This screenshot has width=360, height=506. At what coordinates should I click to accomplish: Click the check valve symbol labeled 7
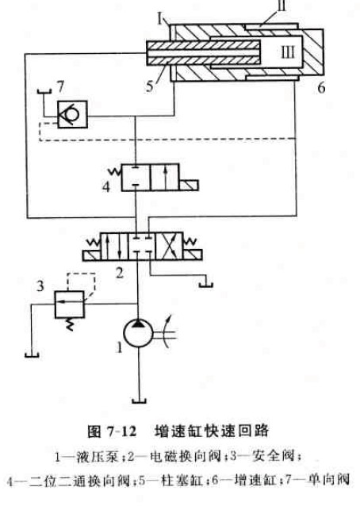pos(72,114)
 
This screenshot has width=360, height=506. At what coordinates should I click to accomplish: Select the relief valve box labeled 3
pos(69,305)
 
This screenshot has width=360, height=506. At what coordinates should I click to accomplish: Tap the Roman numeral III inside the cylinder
pos(286,52)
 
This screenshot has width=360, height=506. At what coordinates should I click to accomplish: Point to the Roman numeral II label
pos(281,6)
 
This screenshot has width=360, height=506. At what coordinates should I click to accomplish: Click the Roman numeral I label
pos(160,19)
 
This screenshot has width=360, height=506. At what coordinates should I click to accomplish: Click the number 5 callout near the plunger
pos(149,86)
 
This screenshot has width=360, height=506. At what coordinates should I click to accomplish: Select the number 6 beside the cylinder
pos(320,88)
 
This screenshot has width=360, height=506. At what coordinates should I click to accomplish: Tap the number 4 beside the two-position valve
pos(106,186)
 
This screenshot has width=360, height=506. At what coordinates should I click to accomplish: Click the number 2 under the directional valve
pos(120,274)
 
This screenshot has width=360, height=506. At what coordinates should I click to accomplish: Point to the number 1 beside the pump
pos(120,348)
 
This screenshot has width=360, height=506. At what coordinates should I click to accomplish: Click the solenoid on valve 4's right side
pos(189,186)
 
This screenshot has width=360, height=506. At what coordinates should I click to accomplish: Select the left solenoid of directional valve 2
pos(92,255)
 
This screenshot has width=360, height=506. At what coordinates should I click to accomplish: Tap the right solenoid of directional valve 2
pos(193,255)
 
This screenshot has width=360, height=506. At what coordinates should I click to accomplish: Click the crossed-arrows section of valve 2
pos(169,246)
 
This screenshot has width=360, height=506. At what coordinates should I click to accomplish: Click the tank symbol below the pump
pos(139,401)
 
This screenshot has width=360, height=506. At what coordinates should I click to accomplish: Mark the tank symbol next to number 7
pos(44,91)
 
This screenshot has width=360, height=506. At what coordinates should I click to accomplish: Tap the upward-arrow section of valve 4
pos(165,178)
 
